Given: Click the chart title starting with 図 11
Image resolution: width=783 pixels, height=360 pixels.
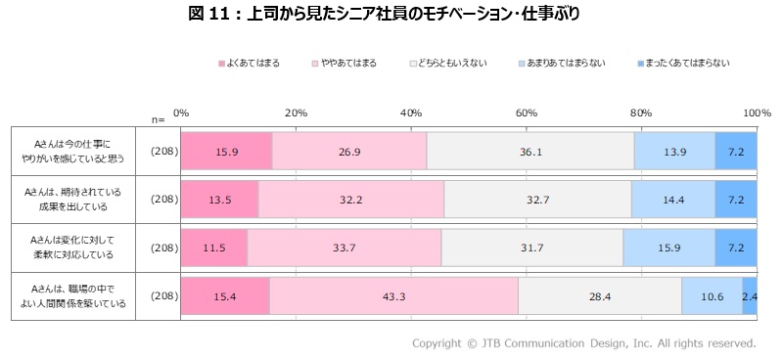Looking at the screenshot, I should pos(391,13).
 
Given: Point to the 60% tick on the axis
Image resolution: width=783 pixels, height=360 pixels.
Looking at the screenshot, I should pos(526,113).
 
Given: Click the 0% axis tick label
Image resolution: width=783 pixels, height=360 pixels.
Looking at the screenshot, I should pos(181,113).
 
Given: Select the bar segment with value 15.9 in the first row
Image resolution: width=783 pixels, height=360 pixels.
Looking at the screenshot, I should pos(226,151).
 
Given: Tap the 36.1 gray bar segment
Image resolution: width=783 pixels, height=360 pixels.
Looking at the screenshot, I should pos(530,151).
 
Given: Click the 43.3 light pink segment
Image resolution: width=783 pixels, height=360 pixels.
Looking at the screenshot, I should pos(393,296).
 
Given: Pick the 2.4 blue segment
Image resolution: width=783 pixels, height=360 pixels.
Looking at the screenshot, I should pos(750,296).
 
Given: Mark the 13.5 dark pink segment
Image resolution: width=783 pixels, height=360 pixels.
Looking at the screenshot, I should pos(219,200).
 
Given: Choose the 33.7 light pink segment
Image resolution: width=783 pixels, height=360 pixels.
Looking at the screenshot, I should pos(344,248).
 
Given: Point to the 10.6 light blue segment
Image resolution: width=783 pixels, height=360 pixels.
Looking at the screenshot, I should pos(712,296).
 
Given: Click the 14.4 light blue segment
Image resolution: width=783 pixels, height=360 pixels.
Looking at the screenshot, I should pos(672,200).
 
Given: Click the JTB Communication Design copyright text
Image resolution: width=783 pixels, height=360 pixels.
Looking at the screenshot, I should pos(583,343).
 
